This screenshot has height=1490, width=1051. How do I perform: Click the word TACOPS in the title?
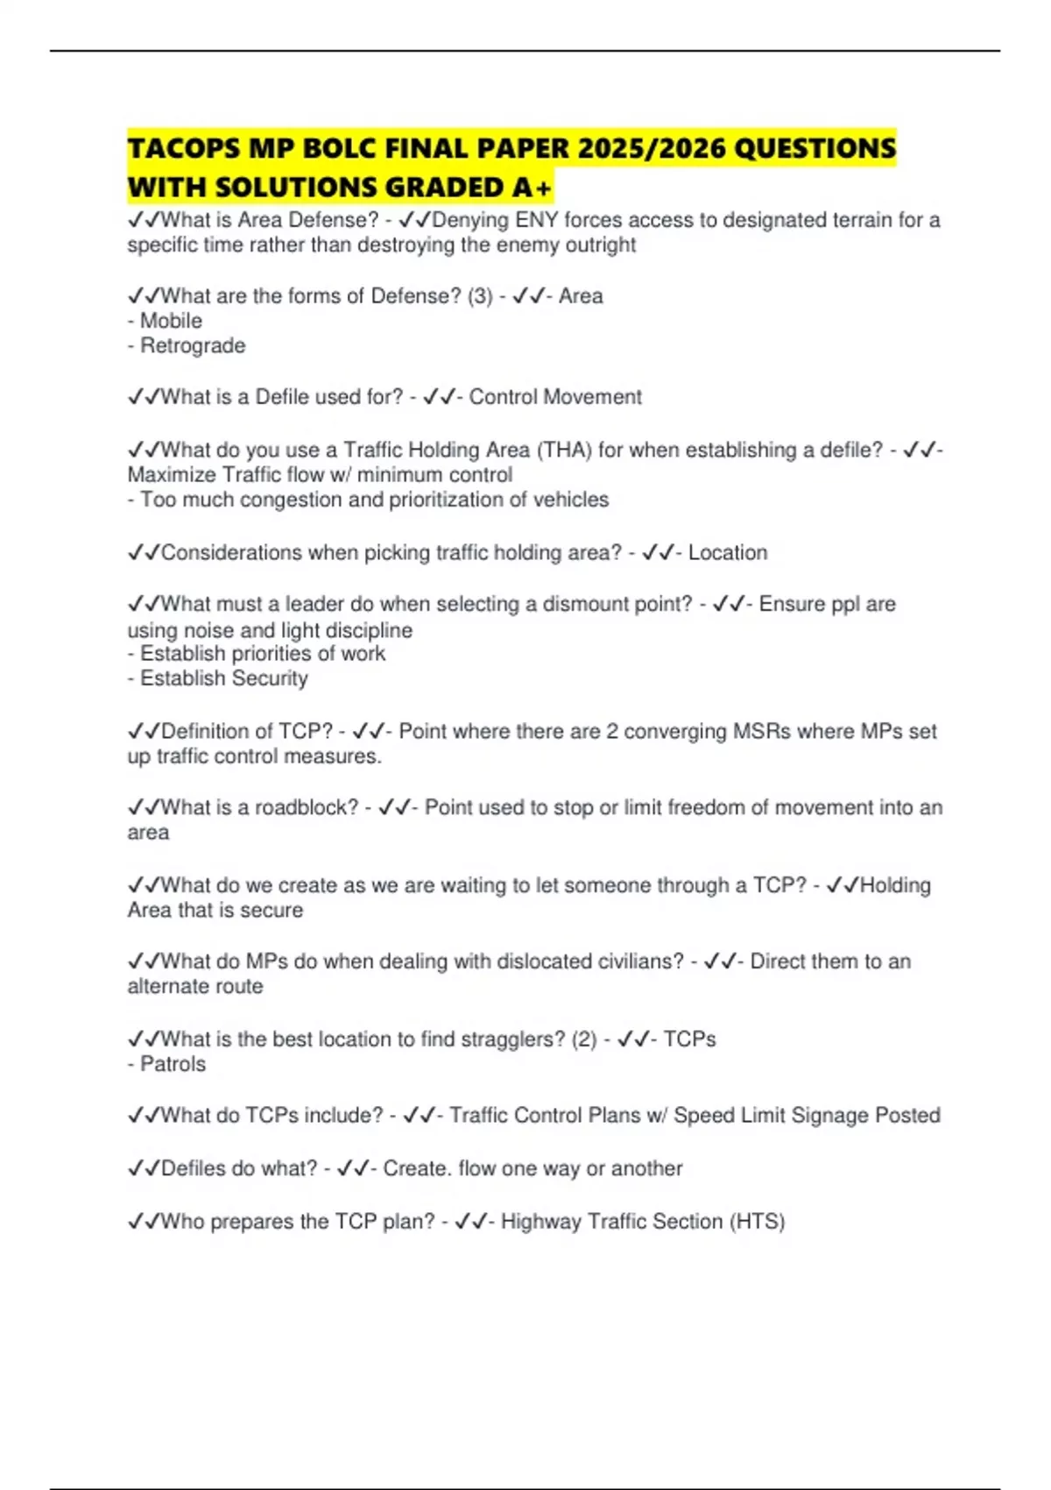click(184, 148)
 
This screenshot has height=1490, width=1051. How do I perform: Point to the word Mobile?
click(171, 321)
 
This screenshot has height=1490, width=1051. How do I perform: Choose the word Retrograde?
click(193, 346)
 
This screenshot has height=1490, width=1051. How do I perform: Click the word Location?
click(728, 553)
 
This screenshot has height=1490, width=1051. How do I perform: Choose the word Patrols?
click(173, 1064)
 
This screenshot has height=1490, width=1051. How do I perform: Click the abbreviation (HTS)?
click(757, 1222)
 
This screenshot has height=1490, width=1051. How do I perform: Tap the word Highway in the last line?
click(540, 1222)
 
